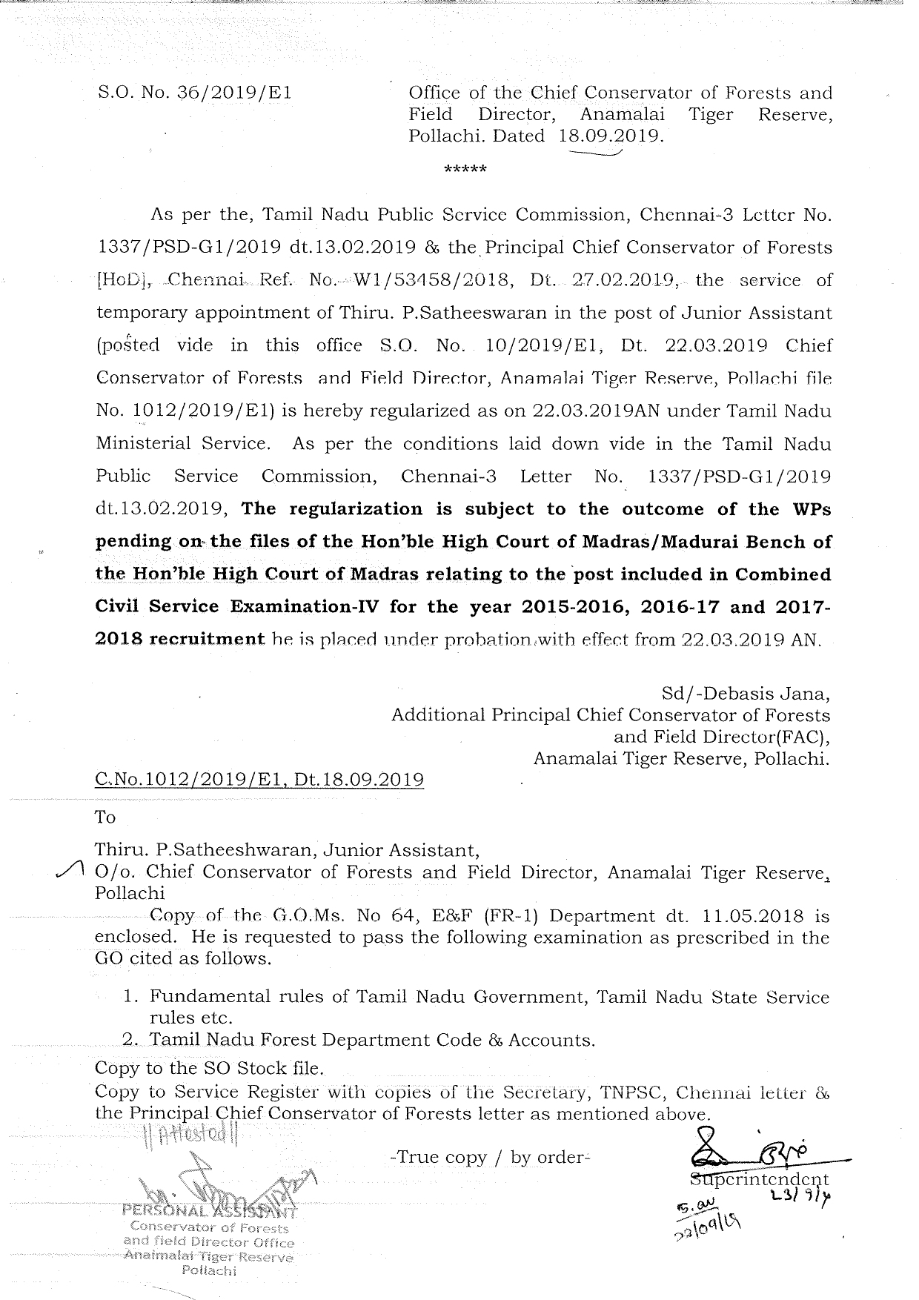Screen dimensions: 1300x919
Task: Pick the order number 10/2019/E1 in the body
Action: [x=532, y=346]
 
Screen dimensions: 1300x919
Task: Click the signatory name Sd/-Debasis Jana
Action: [x=745, y=694]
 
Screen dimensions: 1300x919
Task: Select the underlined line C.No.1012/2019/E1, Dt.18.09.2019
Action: [x=259, y=780]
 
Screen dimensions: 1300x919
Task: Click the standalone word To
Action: [x=105, y=817]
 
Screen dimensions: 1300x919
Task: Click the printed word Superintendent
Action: [x=760, y=1179]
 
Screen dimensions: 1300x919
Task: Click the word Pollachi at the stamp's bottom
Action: [x=209, y=1270]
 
